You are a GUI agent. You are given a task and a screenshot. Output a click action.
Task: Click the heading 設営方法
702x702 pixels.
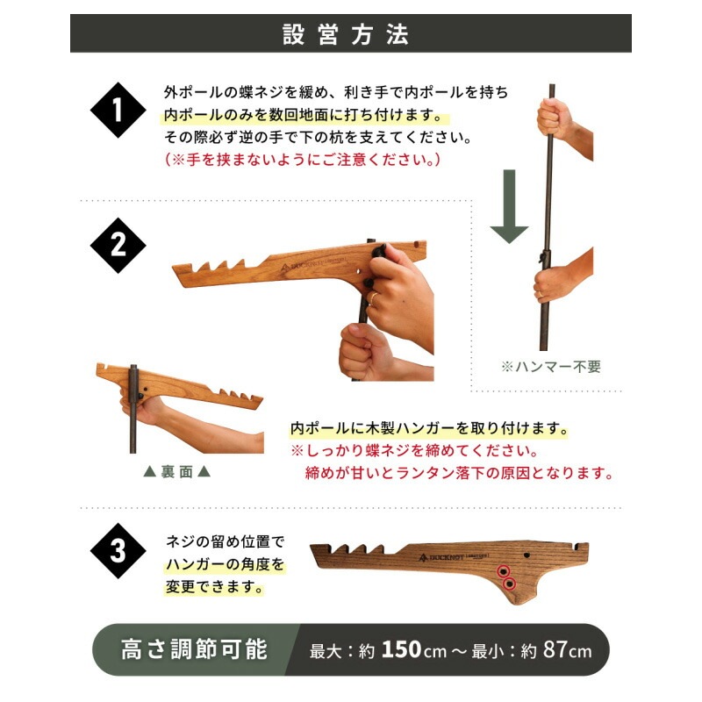350,34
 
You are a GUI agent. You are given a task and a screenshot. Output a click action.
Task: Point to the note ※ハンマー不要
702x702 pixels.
550,367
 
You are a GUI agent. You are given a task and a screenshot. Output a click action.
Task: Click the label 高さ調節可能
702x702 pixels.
194,650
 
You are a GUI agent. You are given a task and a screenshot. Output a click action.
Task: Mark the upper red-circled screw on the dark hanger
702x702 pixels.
504,571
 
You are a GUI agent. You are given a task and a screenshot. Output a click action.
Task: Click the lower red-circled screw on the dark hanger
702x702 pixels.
510,583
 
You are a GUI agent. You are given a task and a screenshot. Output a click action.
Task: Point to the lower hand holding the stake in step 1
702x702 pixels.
558,279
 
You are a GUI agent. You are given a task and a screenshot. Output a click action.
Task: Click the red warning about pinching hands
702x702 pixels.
303,160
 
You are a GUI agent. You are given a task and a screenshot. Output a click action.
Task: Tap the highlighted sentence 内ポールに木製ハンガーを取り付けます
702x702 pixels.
429,430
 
